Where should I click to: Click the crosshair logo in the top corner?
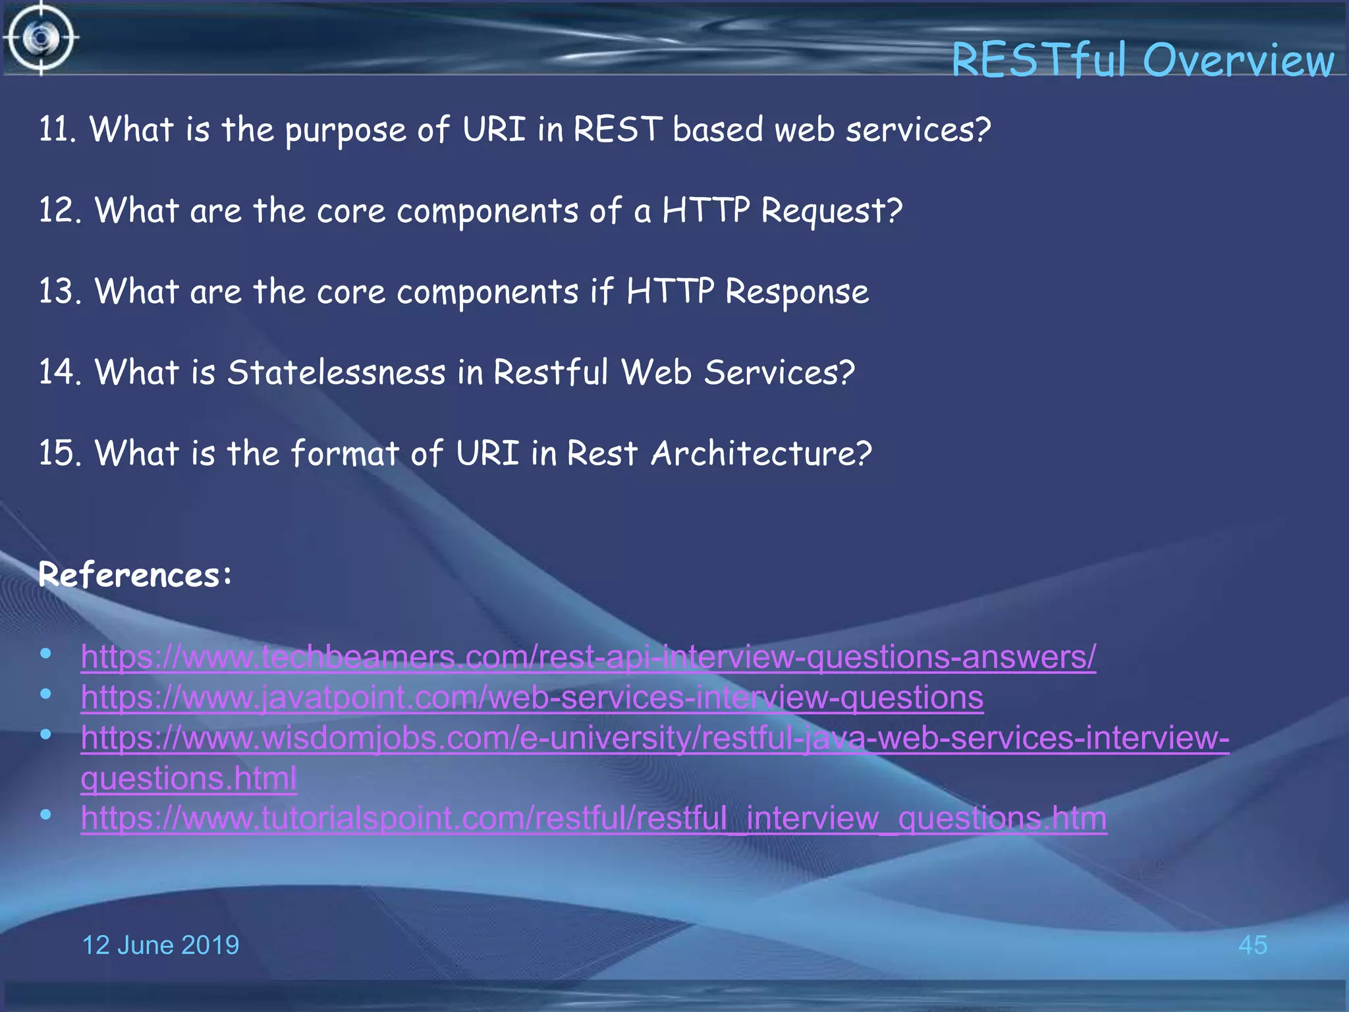[x=41, y=38]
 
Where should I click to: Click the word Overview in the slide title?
[x=1238, y=61]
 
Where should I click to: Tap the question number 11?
[x=57, y=129]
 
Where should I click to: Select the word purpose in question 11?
[x=345, y=130]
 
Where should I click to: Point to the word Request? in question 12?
[x=831, y=211]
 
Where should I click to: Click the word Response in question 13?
[x=796, y=292]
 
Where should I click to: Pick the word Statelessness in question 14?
[x=337, y=372]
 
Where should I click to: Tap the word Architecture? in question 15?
[x=761, y=453]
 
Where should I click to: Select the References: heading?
[x=135, y=575]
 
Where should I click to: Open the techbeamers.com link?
[x=588, y=658]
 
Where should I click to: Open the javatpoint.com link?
[x=532, y=698]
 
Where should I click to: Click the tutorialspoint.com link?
[x=593, y=819]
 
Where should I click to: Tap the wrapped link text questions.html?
[x=188, y=779]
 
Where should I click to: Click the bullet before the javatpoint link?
[x=45, y=694]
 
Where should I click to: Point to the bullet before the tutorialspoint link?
[x=45, y=815]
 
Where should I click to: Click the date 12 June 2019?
[x=160, y=945]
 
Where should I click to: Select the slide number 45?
[x=1252, y=945]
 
